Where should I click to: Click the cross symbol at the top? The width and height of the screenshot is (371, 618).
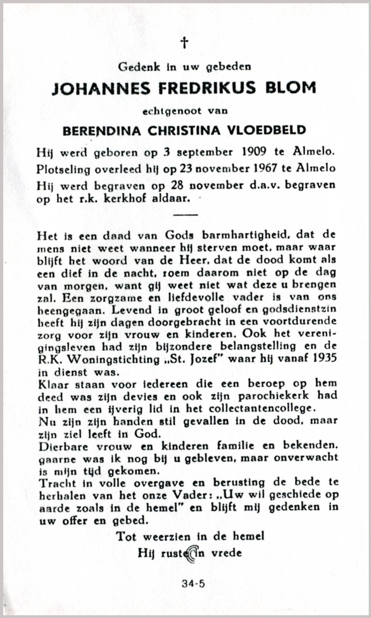(x=184, y=42)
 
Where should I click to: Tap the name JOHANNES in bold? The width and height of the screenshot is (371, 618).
(x=101, y=89)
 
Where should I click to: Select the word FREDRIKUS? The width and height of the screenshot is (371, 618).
(x=207, y=88)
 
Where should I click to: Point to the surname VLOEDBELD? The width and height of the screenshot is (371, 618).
(x=267, y=130)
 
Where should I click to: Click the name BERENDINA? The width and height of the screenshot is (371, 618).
(x=102, y=131)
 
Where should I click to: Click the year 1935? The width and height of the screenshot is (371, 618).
(x=324, y=359)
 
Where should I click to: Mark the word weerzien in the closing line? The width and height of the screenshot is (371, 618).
(x=168, y=536)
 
